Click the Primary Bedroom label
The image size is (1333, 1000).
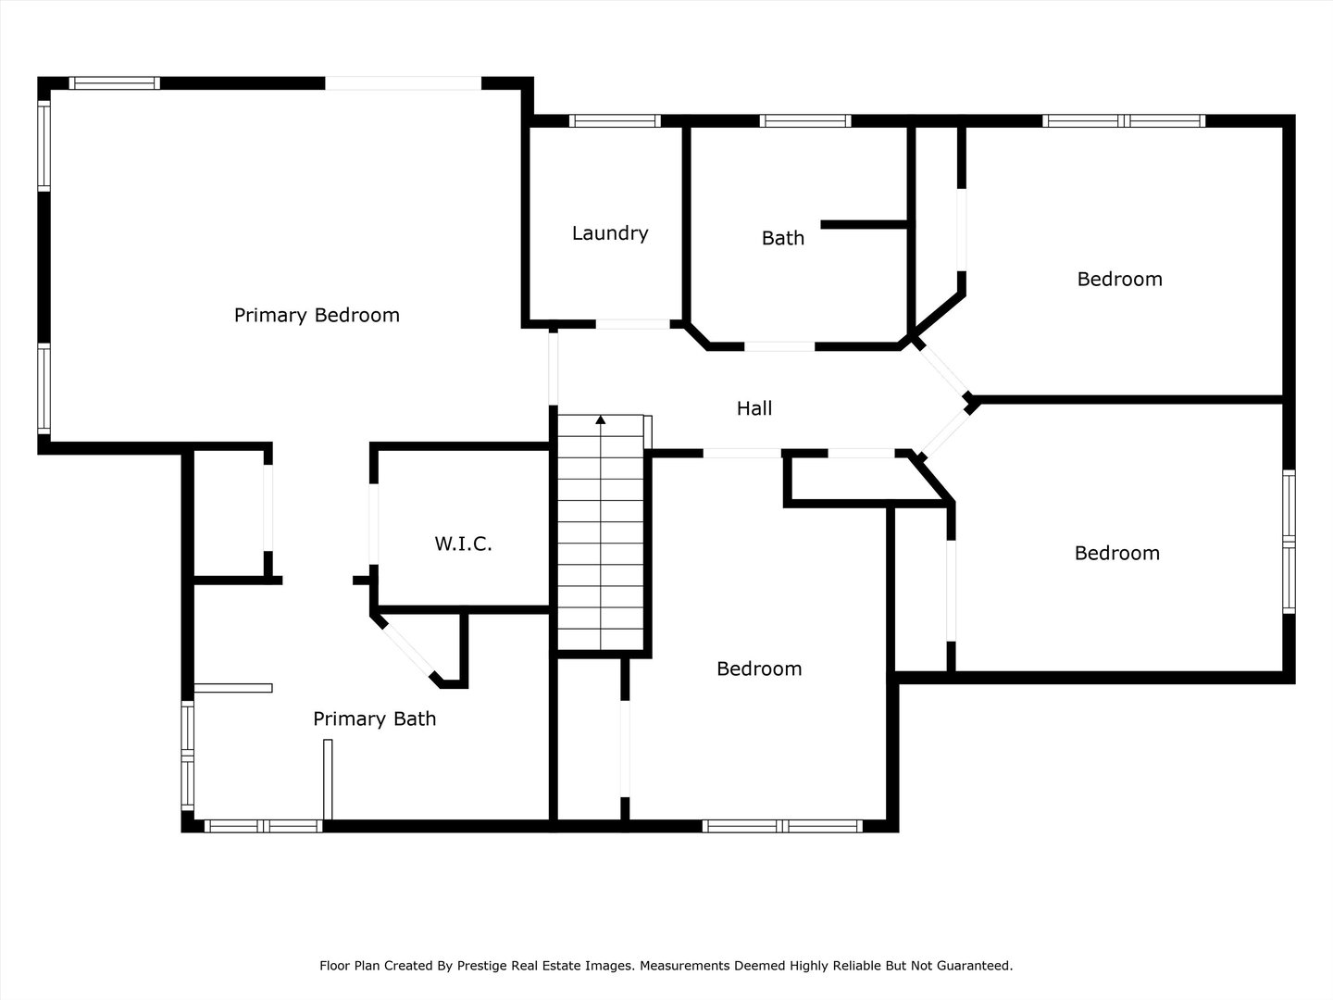tap(317, 316)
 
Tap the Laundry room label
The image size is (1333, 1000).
tap(610, 233)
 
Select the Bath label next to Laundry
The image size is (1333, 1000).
tap(783, 238)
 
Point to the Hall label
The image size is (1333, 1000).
tap(754, 408)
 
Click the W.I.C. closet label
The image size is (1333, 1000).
tap(463, 544)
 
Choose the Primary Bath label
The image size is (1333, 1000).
tap(374, 719)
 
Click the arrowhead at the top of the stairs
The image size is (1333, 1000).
tap(601, 419)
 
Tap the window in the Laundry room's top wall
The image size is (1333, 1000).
tap(615, 120)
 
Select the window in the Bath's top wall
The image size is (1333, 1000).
tap(805, 120)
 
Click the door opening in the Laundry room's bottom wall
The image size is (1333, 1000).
tap(632, 325)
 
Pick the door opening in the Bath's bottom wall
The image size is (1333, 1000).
tap(779, 346)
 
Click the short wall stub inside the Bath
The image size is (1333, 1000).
tap(864, 225)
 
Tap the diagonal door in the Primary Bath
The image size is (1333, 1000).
tap(406, 649)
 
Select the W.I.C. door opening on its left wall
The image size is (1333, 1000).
tap(374, 524)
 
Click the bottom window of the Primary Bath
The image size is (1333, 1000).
tap(263, 826)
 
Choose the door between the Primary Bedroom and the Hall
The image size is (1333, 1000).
tap(554, 369)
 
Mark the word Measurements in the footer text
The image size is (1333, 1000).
tap(685, 966)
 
